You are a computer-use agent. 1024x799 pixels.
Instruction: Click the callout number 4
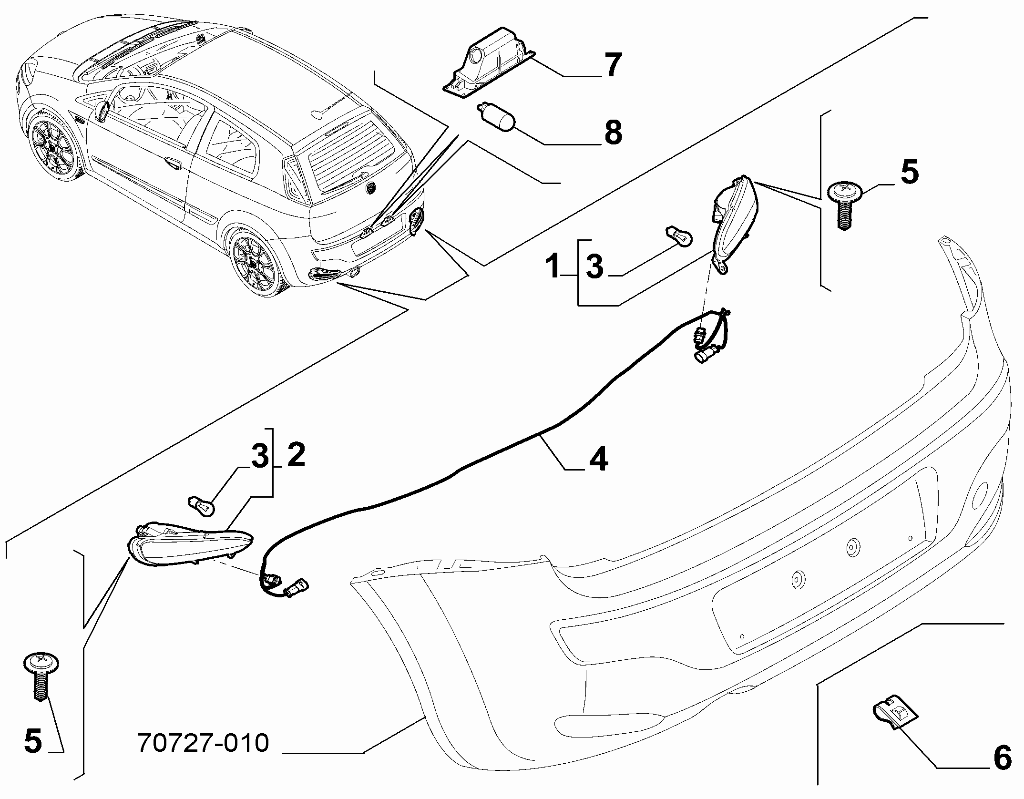(x=598, y=459)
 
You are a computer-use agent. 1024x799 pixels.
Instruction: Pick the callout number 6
(x=1002, y=757)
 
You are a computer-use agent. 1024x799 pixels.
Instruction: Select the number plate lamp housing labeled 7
(x=489, y=69)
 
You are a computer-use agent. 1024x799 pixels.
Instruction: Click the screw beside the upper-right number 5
(x=845, y=205)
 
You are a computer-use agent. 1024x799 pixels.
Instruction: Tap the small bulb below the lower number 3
(x=202, y=506)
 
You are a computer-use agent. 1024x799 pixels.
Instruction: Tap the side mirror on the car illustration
(x=102, y=111)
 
